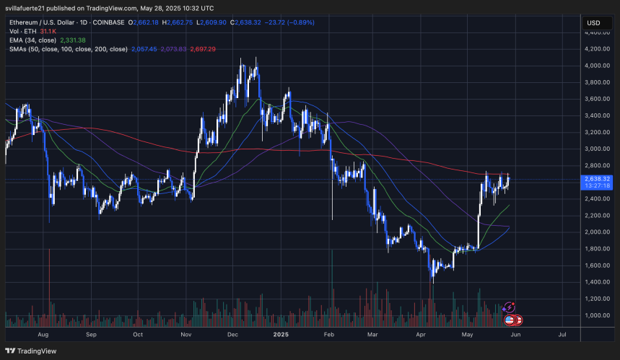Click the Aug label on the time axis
point(43,335)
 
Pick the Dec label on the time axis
point(232,335)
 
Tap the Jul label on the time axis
point(562,335)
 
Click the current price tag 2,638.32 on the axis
point(597,178)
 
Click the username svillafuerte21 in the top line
point(33,8)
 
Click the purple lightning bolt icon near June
point(510,308)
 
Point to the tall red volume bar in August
point(50,281)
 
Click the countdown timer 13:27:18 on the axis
point(597,185)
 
